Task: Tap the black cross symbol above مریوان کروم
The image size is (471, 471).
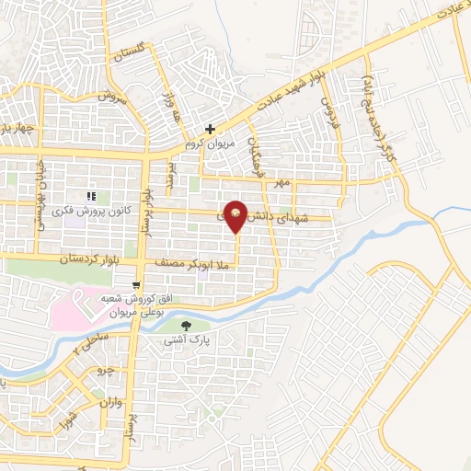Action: point(211,129)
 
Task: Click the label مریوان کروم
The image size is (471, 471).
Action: point(212,144)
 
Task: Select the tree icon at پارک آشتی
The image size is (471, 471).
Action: point(187,325)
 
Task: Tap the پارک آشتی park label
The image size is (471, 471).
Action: point(187,340)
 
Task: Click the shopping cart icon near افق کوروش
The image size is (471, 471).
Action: point(136,284)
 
